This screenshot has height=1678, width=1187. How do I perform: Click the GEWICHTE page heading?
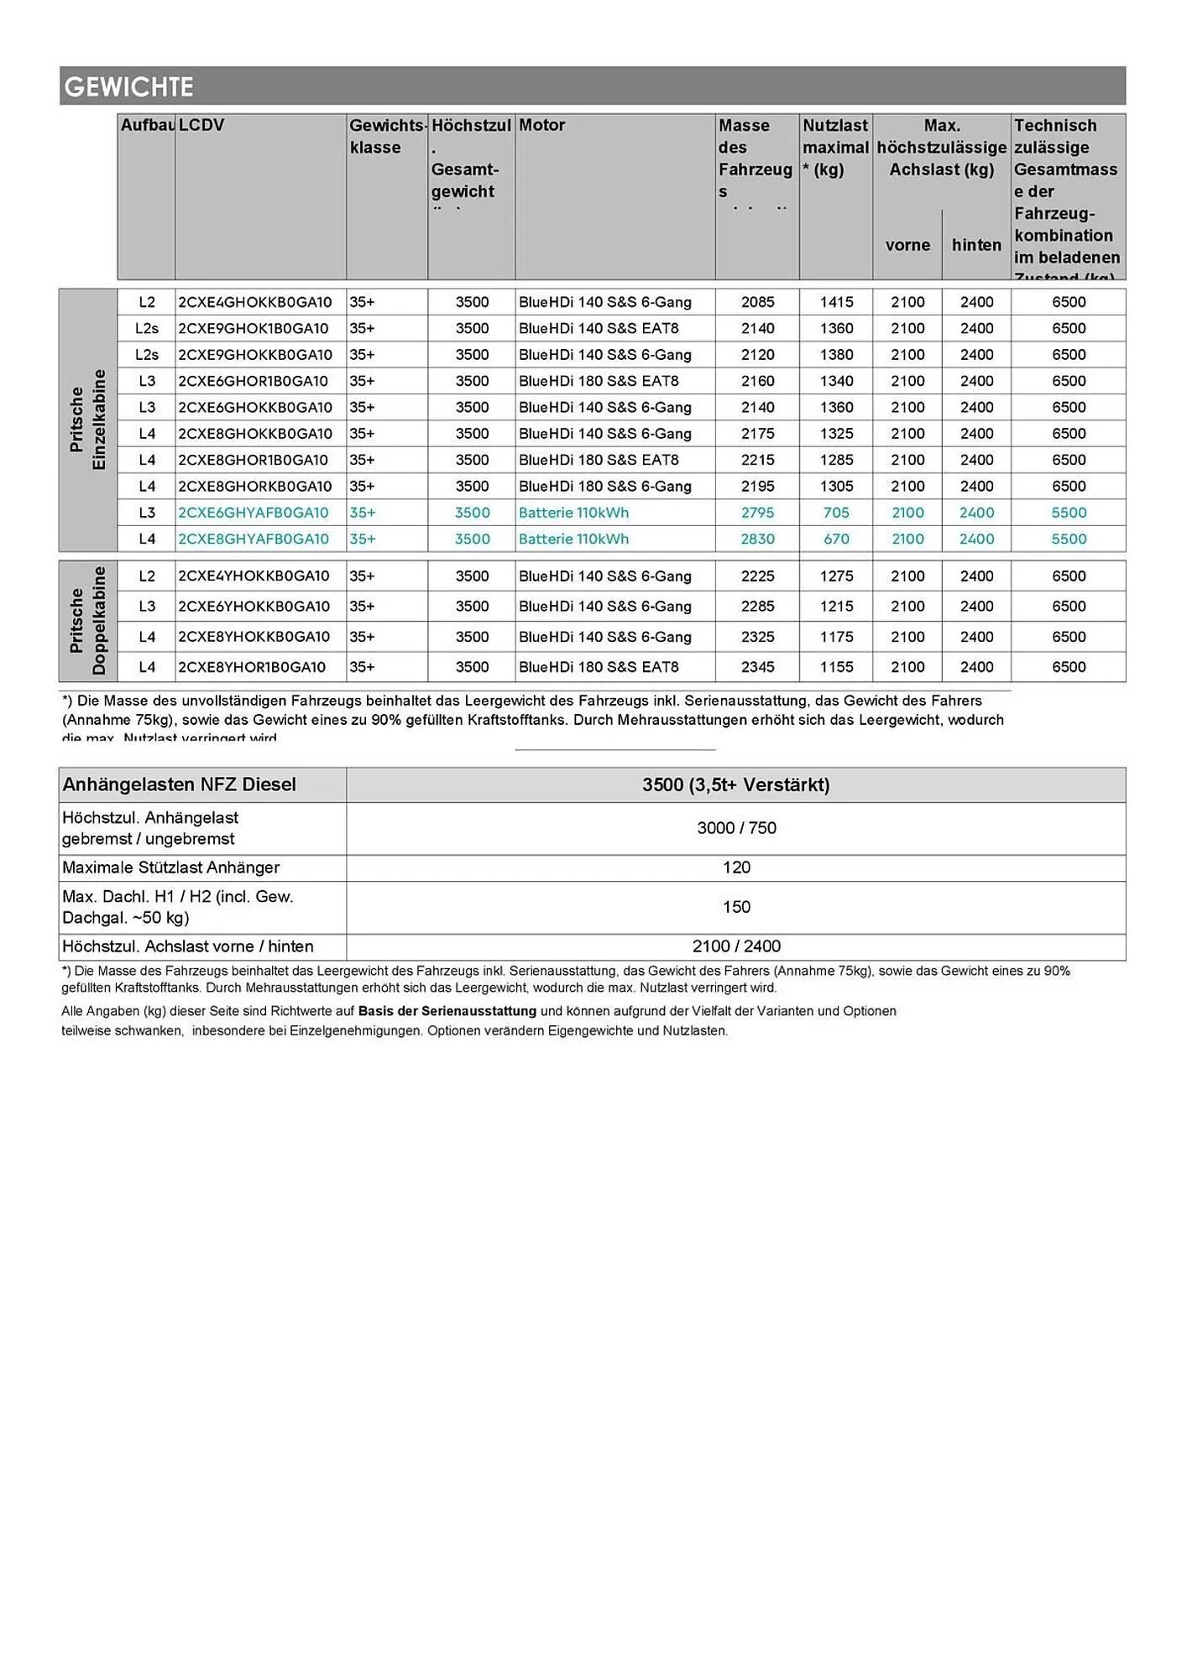(129, 86)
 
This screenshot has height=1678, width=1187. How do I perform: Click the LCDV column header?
(201, 125)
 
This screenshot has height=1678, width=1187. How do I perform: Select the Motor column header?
(541, 125)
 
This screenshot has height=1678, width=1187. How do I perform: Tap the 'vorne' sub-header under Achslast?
(907, 245)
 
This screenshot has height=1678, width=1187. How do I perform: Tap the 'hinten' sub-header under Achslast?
(976, 245)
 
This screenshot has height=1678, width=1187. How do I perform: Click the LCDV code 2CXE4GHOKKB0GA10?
(255, 302)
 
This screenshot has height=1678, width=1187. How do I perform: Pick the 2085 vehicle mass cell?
(757, 302)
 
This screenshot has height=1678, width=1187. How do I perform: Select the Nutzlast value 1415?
(836, 302)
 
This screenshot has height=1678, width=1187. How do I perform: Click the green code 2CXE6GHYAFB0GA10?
(254, 513)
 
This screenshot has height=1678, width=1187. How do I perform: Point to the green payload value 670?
(836, 539)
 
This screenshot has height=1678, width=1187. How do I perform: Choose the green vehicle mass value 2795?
(757, 513)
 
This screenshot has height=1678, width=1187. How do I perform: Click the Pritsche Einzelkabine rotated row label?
(88, 419)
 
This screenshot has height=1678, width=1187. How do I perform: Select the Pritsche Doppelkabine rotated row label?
(88, 621)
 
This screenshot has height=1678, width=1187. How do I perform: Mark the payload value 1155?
(836, 667)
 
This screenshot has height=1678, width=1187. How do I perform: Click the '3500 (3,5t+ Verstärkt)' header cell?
(735, 784)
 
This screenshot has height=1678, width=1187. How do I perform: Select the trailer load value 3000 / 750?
(736, 828)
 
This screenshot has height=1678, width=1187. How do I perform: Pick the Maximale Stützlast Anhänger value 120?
(736, 868)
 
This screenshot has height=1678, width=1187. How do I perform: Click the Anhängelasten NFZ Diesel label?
(180, 784)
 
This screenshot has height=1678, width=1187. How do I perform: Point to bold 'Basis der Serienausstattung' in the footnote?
(447, 1011)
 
